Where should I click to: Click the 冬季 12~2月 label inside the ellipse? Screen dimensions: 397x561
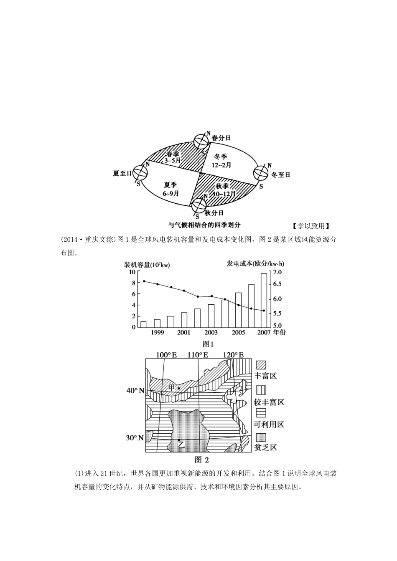click(221, 161)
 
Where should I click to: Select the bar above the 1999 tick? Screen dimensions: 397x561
click(157, 323)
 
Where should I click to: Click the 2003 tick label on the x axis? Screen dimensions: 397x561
click(211, 333)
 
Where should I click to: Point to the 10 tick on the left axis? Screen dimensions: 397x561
click(132, 272)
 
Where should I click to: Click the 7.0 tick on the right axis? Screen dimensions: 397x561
click(277, 272)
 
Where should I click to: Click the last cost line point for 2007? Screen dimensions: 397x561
click(264, 311)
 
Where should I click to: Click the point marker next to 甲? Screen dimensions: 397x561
click(179, 389)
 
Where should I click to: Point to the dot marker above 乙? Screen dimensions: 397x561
click(179, 440)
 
